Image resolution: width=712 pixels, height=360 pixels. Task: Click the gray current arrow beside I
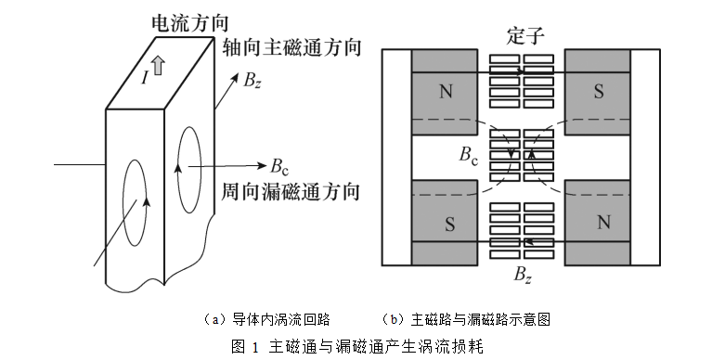pos(158,65)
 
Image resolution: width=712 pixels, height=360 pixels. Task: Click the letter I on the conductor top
pos(145,78)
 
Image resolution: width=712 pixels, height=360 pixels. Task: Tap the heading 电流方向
pos(189,23)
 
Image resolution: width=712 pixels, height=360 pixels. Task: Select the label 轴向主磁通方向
pos(291,47)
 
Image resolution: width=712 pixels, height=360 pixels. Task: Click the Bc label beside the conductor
pos(279,166)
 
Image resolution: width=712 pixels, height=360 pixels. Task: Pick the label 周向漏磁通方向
pos(291,191)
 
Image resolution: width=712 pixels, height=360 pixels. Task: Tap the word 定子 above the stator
pos(525,36)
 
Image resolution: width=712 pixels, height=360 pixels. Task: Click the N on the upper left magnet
pos(446,92)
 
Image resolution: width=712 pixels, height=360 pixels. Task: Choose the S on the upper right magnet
pos(599,92)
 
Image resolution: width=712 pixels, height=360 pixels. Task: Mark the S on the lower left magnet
pos(449,225)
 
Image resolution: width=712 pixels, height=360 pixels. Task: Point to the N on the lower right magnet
pos(603,223)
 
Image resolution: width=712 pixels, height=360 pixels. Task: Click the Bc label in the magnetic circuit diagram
pos(468,155)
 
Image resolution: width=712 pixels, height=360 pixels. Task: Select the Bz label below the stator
pos(523,276)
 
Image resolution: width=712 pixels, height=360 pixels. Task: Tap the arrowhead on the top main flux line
pos(521,71)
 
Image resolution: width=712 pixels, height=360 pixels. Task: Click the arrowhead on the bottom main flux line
pos(529,241)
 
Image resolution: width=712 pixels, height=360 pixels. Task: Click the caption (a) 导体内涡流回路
pos(265,319)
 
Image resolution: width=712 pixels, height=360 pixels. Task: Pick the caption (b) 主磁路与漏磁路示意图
pos(466,319)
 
